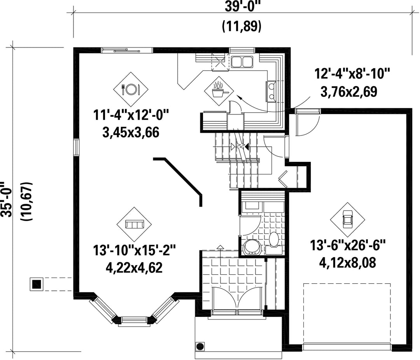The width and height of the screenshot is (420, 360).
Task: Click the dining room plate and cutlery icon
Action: pos(130,89)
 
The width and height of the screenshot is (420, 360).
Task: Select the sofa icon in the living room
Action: pos(134,224)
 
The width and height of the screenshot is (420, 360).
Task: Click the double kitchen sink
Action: pos(242,62)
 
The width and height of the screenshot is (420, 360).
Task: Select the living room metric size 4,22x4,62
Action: pos(134,267)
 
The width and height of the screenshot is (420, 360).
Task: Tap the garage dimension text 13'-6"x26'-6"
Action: pos(348,245)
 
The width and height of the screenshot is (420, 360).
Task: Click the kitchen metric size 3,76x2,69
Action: pos(349,91)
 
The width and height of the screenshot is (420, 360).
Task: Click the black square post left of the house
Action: pos(37,284)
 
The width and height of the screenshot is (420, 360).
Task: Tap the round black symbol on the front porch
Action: pos(200,346)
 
